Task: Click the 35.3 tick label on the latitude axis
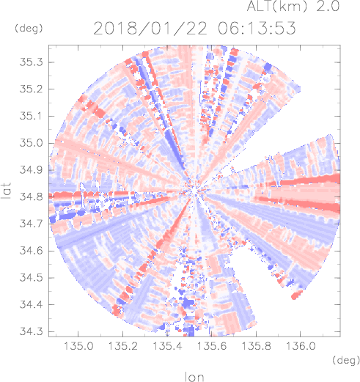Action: pyautogui.click(x=31, y=62)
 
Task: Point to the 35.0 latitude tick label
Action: pyautogui.click(x=31, y=143)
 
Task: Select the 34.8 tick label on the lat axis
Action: pyautogui.click(x=31, y=196)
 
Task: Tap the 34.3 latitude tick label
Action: pyautogui.click(x=31, y=331)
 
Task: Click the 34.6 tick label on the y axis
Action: pyautogui.click(x=31, y=251)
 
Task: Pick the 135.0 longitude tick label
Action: pyautogui.click(x=78, y=346)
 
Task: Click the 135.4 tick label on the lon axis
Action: pyautogui.click(x=167, y=346)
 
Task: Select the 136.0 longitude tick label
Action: pyautogui.click(x=301, y=346)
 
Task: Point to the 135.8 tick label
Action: pyautogui.click(x=256, y=346)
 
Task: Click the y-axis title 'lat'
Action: pyautogui.click(x=7, y=191)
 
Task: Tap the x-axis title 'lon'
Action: pyautogui.click(x=194, y=377)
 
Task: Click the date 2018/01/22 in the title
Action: pyautogui.click(x=150, y=29)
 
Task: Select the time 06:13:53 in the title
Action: pyautogui.click(x=257, y=29)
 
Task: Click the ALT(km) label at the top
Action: pyautogui.click(x=276, y=6)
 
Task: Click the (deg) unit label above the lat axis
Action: pyautogui.click(x=29, y=29)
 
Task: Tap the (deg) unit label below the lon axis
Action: pyautogui.click(x=346, y=360)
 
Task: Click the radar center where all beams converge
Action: pyautogui.click(x=194, y=191)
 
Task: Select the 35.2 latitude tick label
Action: pyautogui.click(x=31, y=89)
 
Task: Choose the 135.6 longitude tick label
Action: pyautogui.click(x=212, y=346)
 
